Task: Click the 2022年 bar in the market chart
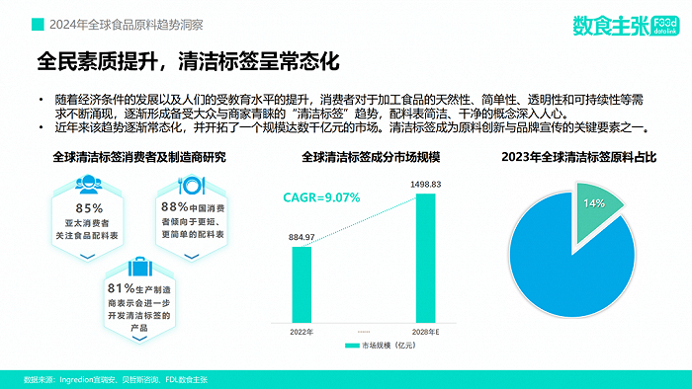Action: point(302,283)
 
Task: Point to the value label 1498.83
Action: point(426,185)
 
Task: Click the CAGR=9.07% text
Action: point(321,197)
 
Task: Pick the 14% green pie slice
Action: point(599,210)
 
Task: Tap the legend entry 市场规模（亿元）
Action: point(378,346)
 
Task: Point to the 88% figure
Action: point(175,206)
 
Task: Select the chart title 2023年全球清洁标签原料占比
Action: point(578,156)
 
